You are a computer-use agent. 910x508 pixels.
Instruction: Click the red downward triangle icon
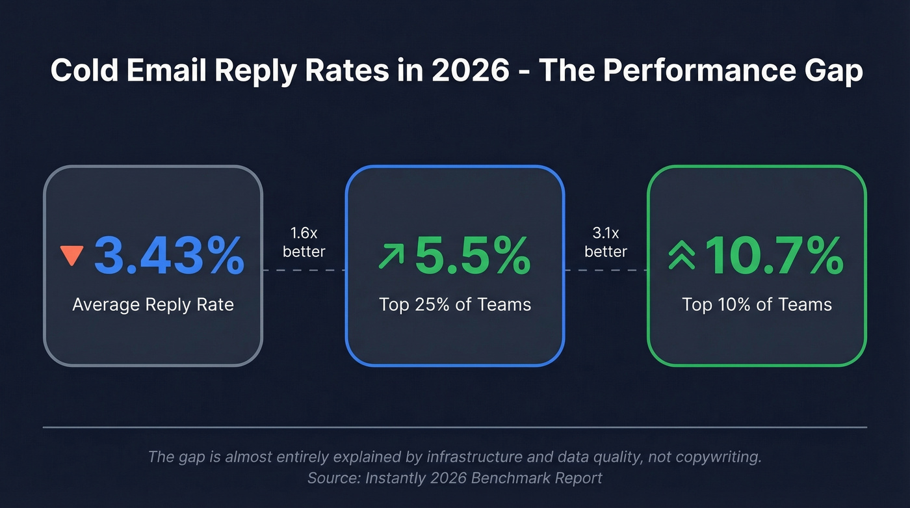click(71, 255)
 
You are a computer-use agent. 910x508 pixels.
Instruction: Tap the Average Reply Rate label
click(153, 304)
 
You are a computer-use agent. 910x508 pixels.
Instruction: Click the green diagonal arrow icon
click(391, 256)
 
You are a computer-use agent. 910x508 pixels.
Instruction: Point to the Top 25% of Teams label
click(455, 304)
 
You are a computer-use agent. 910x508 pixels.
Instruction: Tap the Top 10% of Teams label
click(757, 304)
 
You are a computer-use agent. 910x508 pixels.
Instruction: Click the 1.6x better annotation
click(304, 242)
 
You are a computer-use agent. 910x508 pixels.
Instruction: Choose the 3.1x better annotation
click(606, 242)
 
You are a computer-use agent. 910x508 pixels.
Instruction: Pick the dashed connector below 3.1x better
click(606, 269)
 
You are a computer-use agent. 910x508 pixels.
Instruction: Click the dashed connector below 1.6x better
click(304, 269)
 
